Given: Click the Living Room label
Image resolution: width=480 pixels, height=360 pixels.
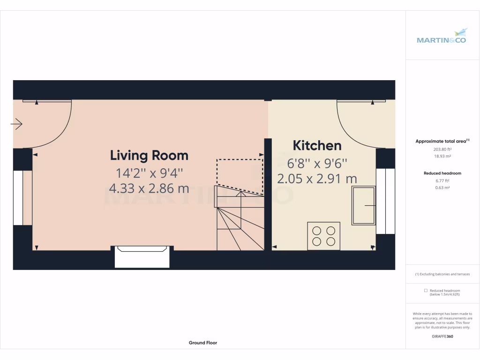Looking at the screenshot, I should click(x=149, y=155).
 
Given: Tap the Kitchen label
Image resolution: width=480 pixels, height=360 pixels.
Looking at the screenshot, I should click(x=317, y=146).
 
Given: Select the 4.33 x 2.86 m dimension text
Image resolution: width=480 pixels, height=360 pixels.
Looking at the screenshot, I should click(x=149, y=188).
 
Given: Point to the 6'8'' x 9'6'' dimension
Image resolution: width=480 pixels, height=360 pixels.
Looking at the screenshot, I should click(x=317, y=164).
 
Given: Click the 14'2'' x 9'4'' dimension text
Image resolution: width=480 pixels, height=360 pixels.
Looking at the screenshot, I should click(x=149, y=173).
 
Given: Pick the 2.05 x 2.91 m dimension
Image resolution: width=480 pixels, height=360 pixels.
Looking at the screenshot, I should click(x=317, y=179).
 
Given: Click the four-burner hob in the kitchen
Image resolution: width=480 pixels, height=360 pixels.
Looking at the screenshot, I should click(x=323, y=236).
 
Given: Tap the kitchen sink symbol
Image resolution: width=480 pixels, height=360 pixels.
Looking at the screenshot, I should click(x=364, y=205).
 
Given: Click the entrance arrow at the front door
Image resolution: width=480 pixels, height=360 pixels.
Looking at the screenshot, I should click(x=17, y=124).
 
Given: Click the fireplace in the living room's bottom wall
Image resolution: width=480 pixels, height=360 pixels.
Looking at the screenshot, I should click(x=142, y=257).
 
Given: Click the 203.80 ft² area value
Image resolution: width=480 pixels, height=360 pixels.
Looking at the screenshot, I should click(x=442, y=150).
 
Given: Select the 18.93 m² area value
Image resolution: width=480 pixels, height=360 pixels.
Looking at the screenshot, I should click(x=442, y=156).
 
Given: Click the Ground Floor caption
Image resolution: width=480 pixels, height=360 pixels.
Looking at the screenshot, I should click(x=203, y=343).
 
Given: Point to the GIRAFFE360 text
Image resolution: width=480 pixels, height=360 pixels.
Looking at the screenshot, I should click(x=442, y=336).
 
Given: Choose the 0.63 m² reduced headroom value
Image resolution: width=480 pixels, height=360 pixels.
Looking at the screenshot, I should click(x=442, y=187).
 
